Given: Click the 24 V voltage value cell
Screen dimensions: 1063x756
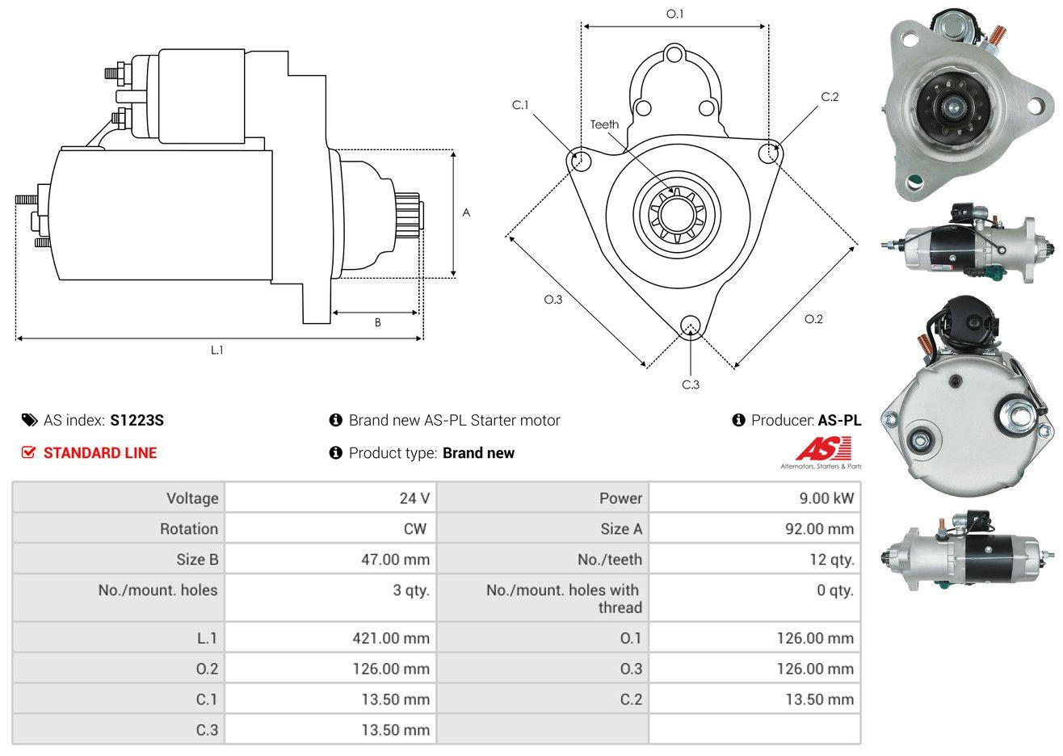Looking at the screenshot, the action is pos(414,498).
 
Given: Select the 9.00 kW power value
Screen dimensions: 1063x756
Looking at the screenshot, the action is pos(826,498).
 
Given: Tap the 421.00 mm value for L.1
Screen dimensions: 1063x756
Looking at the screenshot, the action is pos(391,638).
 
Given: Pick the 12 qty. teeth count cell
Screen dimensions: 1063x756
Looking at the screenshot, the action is pos(831,560).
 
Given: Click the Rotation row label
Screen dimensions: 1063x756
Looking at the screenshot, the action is pos(189,529).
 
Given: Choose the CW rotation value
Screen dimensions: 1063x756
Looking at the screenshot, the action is pos(414,529).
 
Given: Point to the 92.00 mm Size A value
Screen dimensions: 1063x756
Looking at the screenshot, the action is pos(819,529).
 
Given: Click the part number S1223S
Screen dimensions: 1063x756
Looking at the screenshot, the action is pos(137,420).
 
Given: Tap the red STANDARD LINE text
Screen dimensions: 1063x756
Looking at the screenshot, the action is pos(100,453).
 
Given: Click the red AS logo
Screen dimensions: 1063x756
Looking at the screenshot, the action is pos(823,448).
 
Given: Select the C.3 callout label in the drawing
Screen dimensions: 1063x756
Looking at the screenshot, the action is pos(691,384).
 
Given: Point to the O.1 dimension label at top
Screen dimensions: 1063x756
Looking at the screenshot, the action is pos(674,14).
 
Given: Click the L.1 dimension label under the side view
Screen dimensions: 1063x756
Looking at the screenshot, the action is pos(216,351).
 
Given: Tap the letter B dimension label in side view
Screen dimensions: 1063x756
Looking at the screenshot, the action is pos(378,322).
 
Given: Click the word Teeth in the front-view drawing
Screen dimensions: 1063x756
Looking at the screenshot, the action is pos(604,124).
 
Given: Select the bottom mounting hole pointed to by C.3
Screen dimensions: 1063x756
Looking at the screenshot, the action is pos(691,325).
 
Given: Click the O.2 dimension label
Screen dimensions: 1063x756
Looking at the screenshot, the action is pos(813,319).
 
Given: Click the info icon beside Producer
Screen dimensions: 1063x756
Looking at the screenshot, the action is pos(738,420).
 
